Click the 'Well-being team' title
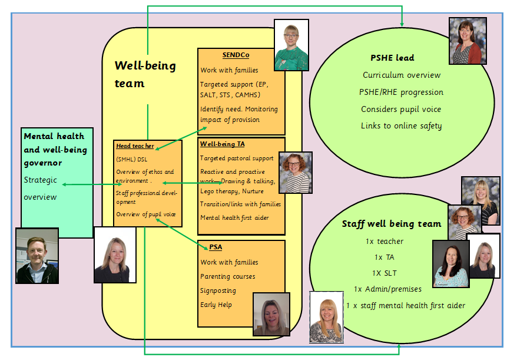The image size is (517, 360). [145, 74]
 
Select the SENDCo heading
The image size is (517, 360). [236, 55]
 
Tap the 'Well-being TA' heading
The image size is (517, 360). [222, 144]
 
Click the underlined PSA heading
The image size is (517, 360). [216, 247]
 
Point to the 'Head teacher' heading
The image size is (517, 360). [135, 146]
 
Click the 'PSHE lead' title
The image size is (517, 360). [392, 58]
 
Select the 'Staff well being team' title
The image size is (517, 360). [391, 224]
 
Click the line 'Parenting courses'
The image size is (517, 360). [228, 276]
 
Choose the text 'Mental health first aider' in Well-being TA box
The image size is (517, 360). [234, 217]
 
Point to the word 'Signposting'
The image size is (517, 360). [218, 290]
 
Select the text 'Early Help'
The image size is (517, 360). [216, 305]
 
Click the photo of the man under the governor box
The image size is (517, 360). [37, 256]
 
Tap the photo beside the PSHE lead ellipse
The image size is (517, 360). [468, 41]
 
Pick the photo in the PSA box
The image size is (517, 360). [271, 314]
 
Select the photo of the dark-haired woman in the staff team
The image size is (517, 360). [451, 263]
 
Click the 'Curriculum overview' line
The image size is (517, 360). [402, 75]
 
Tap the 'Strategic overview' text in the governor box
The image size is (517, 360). [41, 189]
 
